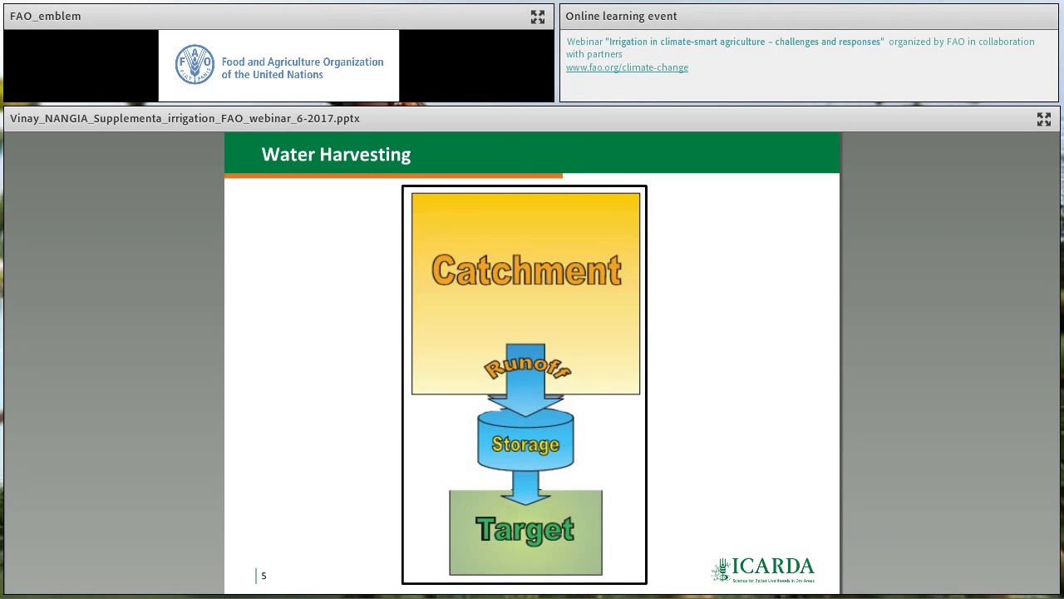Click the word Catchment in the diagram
[x=526, y=271]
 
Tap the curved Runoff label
[x=526, y=367]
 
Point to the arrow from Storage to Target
[x=525, y=486]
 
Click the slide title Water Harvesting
[x=336, y=155]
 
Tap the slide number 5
[x=264, y=576]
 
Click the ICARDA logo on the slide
[x=763, y=570]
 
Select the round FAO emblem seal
[x=195, y=65]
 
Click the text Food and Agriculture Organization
[x=303, y=62]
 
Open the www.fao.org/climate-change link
[x=627, y=67]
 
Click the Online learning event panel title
[x=621, y=16]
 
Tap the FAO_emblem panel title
[x=46, y=16]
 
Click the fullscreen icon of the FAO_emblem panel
[x=538, y=17]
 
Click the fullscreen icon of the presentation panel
[x=1044, y=119]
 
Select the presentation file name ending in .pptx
[x=185, y=118]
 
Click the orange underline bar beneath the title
[x=393, y=176]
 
